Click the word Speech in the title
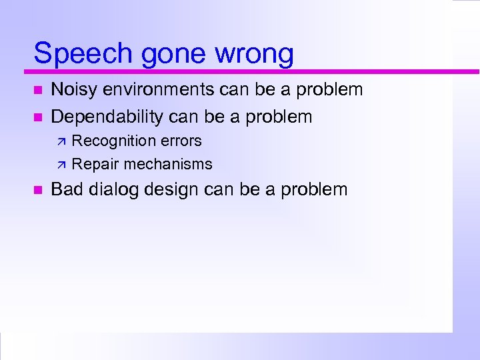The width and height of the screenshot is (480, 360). tap(79, 53)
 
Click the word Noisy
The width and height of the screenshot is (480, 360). tap(73, 89)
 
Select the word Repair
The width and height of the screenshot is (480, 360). tap(95, 164)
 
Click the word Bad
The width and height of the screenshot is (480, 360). tap(65, 189)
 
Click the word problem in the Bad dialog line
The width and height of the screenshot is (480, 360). tap(314, 190)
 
